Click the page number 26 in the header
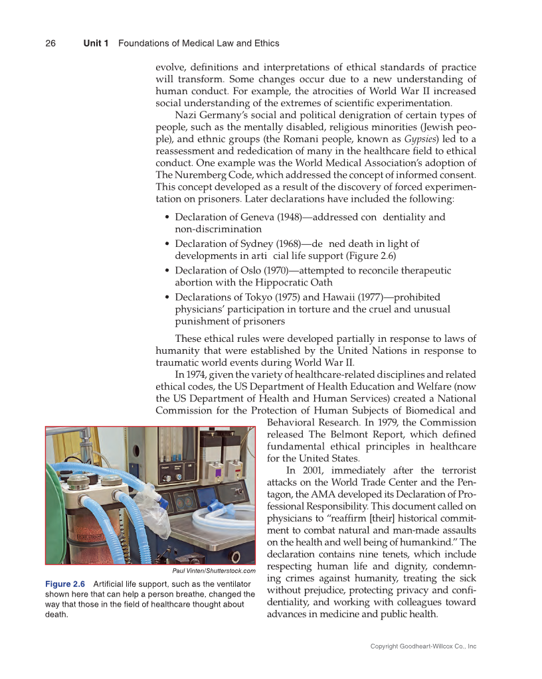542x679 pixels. point(50,43)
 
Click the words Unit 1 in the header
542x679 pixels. point(96,43)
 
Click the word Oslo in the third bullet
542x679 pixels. point(243,270)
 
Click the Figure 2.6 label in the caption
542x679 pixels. point(64,583)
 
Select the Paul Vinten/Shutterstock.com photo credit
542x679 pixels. point(213,570)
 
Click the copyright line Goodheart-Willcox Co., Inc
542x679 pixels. point(423,646)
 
